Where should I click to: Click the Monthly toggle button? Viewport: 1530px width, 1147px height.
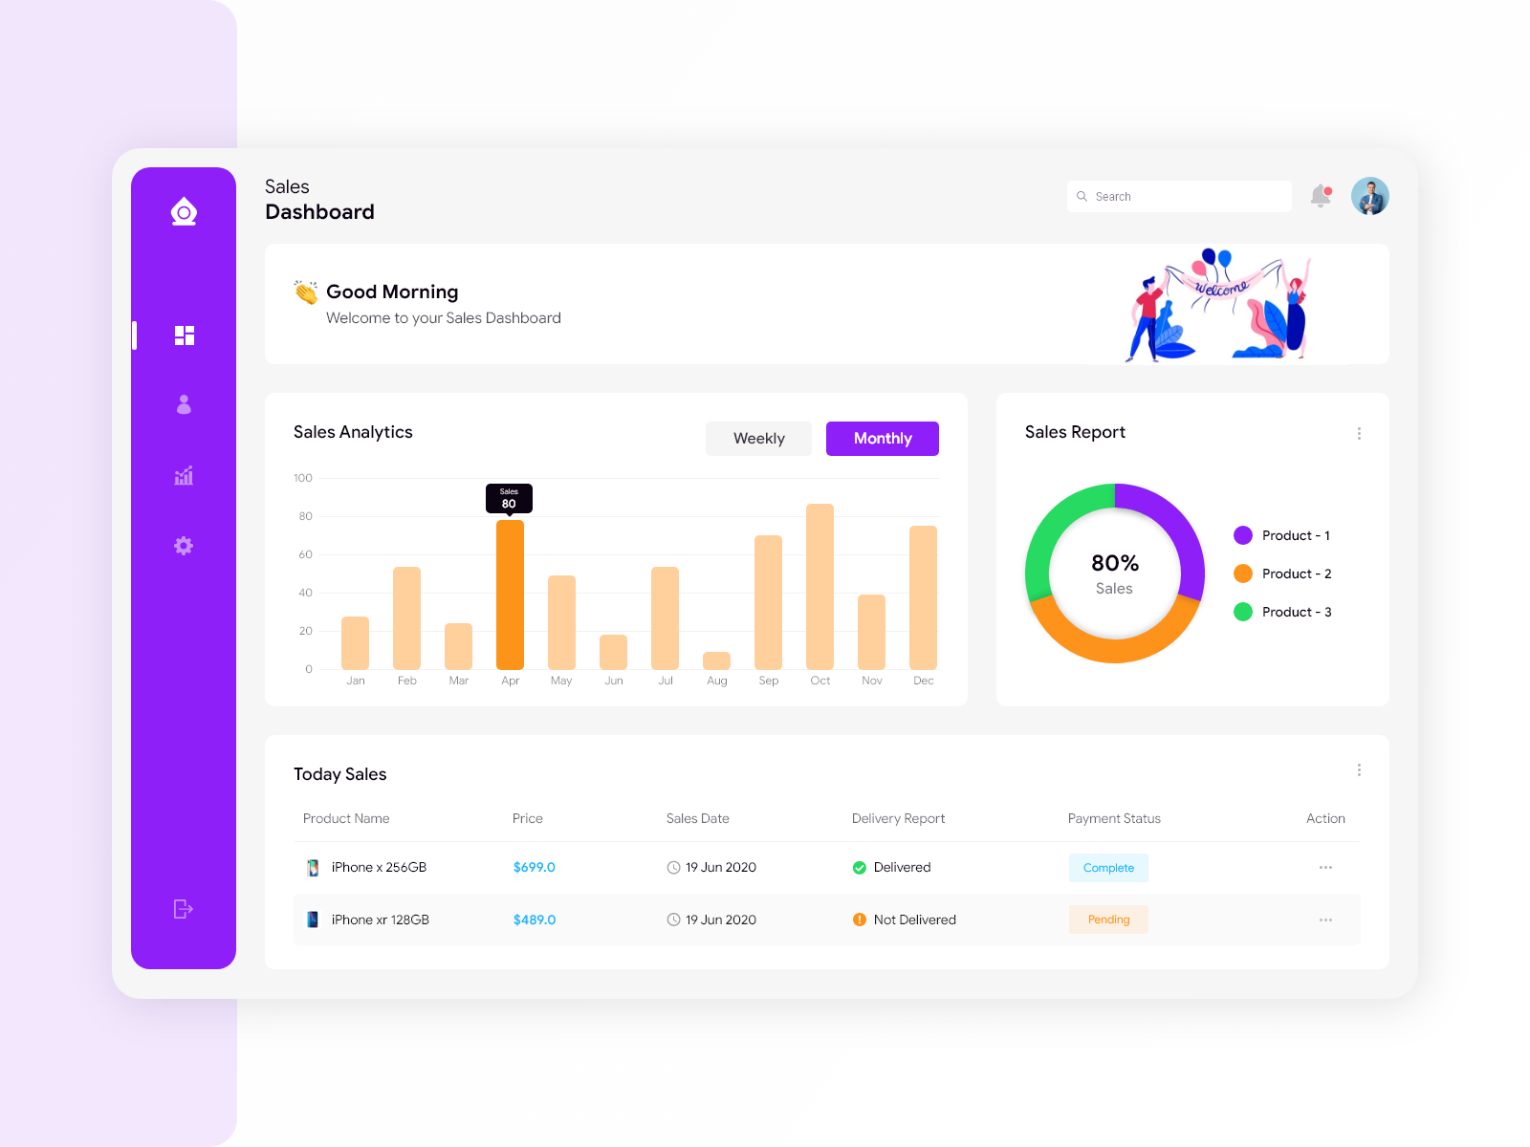click(882, 439)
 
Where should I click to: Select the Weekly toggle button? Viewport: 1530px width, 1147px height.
click(758, 439)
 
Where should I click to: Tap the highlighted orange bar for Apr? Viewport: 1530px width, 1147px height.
click(510, 595)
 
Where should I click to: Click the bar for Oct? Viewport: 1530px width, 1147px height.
click(820, 586)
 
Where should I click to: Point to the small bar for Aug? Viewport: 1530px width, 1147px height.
click(716, 660)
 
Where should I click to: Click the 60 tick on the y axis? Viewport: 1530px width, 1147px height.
click(305, 554)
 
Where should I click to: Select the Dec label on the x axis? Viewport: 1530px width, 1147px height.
click(923, 681)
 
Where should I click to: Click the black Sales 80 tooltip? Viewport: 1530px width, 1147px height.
click(509, 498)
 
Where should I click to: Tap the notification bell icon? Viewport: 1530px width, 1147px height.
click(1321, 196)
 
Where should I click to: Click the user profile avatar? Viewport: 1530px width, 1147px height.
click(1369, 196)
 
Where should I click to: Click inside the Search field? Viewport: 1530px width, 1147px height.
click(1186, 196)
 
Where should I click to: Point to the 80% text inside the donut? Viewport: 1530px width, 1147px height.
click(1114, 563)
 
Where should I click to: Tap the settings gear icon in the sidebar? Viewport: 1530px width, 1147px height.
click(184, 546)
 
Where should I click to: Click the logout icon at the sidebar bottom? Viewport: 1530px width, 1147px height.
click(184, 909)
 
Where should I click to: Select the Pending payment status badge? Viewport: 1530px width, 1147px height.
click(1108, 920)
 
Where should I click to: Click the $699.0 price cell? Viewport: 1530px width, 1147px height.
click(534, 867)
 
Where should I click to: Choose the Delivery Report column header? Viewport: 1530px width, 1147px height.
click(898, 818)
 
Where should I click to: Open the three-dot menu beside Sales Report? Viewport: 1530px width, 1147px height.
click(1359, 433)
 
